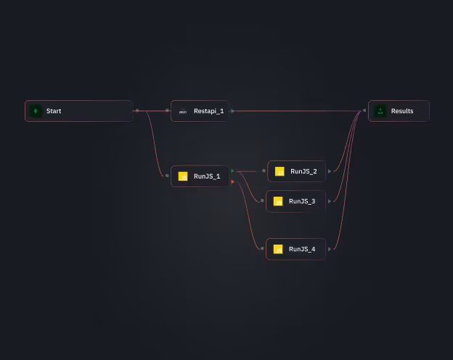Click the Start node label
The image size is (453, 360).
[54, 111]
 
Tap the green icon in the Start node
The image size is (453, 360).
[35, 111]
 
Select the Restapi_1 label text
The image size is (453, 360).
[208, 111]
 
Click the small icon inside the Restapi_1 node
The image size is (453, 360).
[183, 112]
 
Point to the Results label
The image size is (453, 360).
[402, 111]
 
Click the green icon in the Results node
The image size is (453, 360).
[380, 111]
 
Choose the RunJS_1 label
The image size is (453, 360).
[207, 176]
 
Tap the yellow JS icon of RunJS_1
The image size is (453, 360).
[183, 176]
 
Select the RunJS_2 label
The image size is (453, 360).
[303, 171]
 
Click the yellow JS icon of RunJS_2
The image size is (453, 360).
[279, 172]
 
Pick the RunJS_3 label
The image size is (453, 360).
[302, 201]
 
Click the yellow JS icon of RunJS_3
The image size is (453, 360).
[278, 201]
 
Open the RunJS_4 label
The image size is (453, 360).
[302, 249]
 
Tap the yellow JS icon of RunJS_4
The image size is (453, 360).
[278, 249]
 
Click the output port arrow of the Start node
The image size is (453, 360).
[137, 110]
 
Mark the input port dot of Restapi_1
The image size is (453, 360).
[167, 110]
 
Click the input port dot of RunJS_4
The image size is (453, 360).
[262, 248]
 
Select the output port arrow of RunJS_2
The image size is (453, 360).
[330, 171]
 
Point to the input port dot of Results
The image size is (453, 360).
[364, 111]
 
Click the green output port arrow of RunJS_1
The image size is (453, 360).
[232, 171]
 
